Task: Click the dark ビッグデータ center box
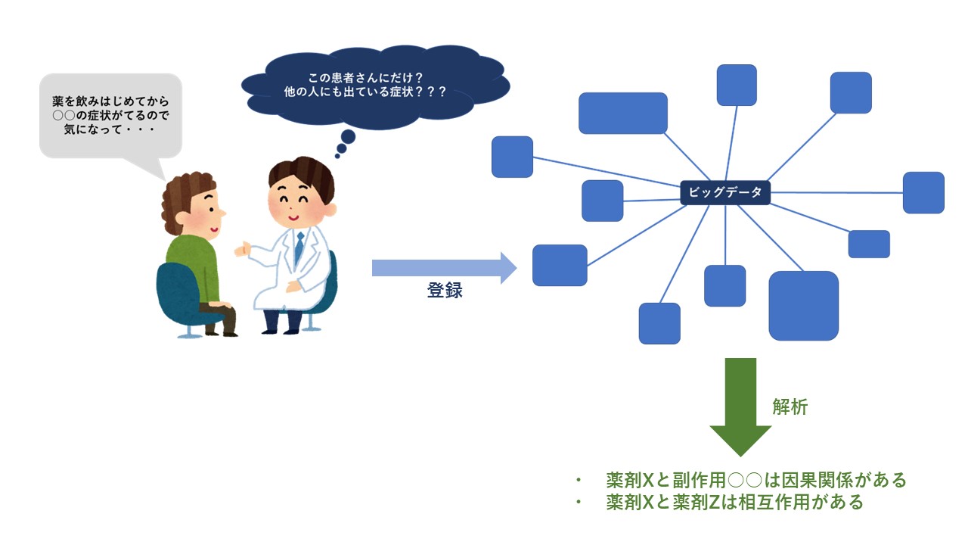click(x=725, y=192)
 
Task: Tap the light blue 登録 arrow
click(x=444, y=268)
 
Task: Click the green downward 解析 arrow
click(x=740, y=407)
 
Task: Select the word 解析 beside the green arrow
click(x=790, y=407)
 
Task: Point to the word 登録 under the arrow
click(x=445, y=290)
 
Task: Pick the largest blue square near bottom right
click(x=804, y=306)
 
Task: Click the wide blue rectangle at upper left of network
click(x=622, y=113)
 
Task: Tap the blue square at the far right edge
click(x=923, y=192)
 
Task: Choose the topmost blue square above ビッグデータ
click(x=737, y=86)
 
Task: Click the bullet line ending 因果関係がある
click(x=742, y=480)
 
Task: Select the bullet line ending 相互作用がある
click(x=720, y=502)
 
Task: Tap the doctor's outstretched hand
click(x=242, y=250)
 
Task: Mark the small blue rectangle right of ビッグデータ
click(x=869, y=244)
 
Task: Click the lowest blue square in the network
click(x=659, y=323)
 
